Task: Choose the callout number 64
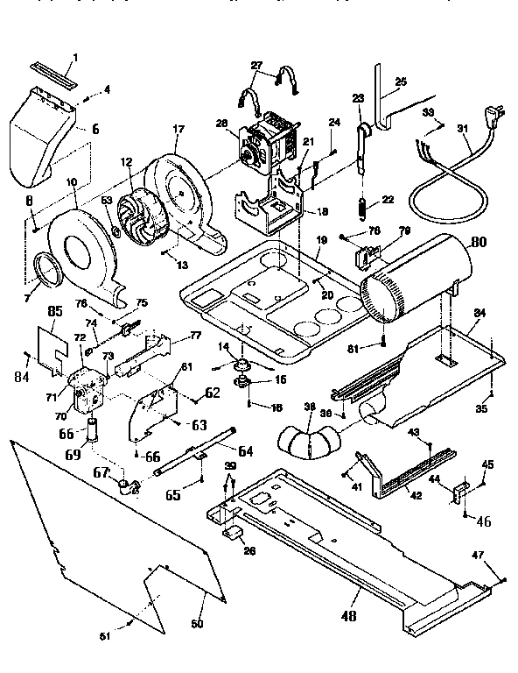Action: pyautogui.click(x=245, y=451)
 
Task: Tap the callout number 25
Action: pyautogui.click(x=402, y=81)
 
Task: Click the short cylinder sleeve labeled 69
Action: pyautogui.click(x=91, y=434)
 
